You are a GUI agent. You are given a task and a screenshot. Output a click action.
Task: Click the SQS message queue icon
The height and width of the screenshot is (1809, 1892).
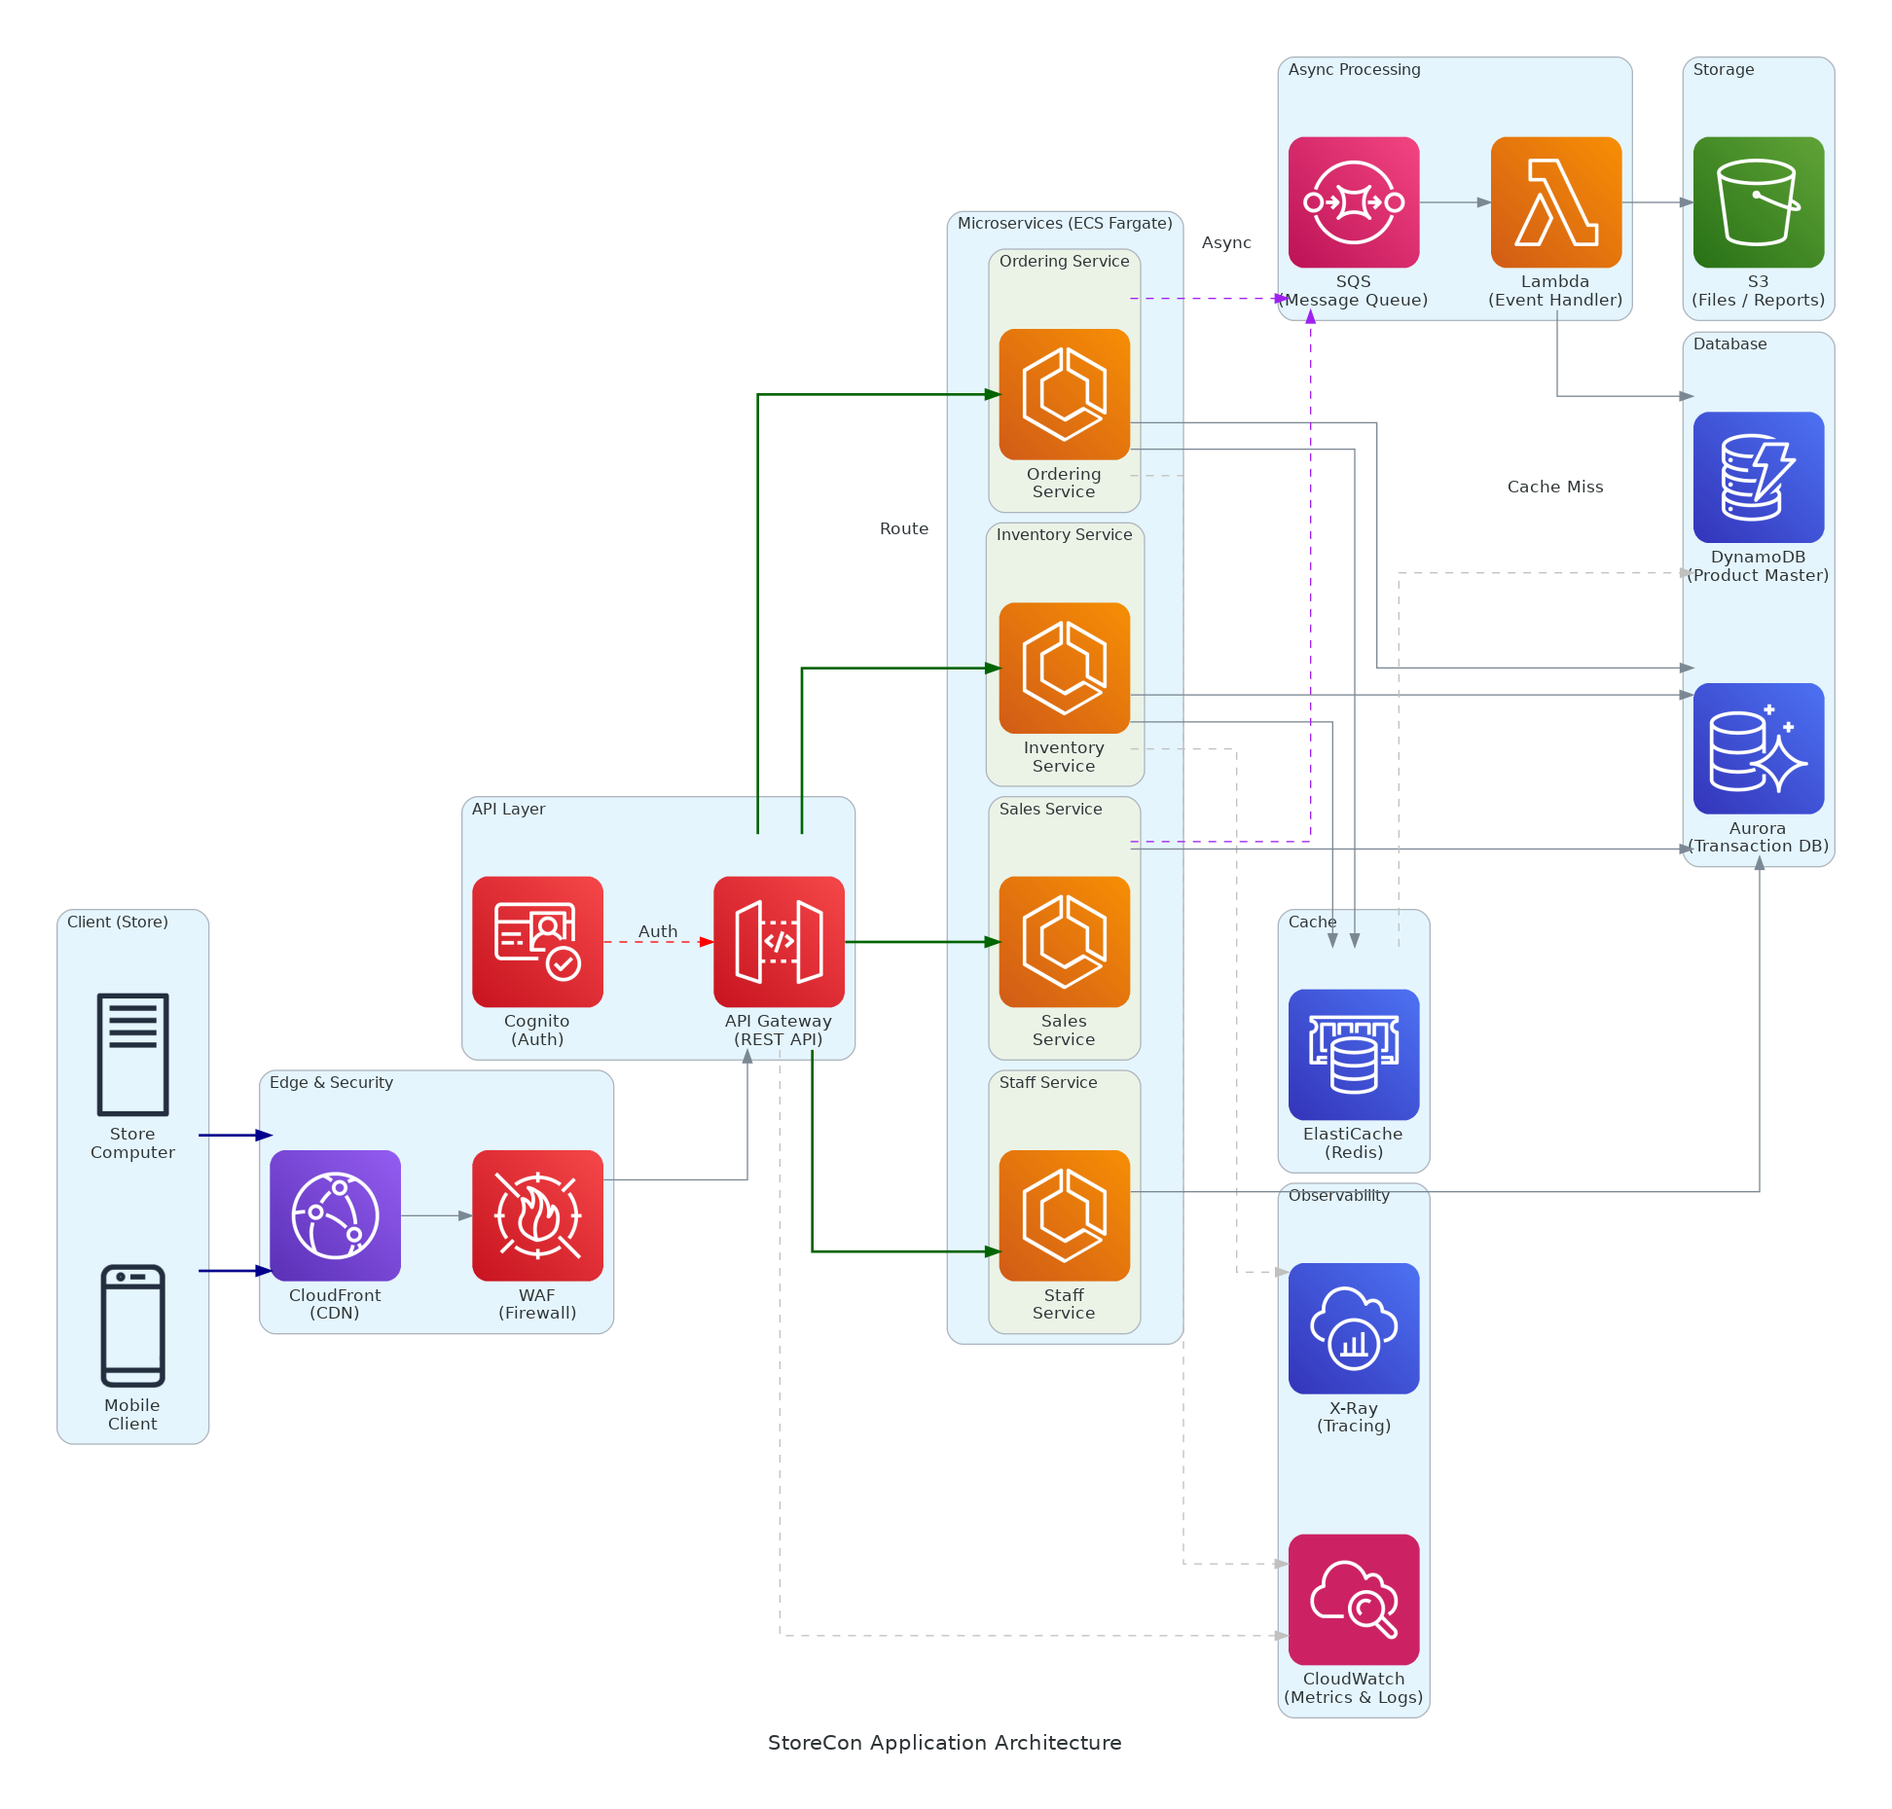pyautogui.click(x=1353, y=202)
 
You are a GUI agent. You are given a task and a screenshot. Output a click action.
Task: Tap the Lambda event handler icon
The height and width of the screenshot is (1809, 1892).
pyautogui.click(x=1555, y=202)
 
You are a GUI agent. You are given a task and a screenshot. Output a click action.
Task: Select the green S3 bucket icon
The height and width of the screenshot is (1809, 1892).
pyautogui.click(x=1758, y=202)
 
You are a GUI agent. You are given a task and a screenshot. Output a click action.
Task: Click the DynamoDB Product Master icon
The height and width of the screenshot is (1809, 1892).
pyautogui.click(x=1758, y=477)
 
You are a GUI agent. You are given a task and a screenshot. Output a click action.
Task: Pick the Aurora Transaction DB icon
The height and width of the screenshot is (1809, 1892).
pyautogui.click(x=1758, y=748)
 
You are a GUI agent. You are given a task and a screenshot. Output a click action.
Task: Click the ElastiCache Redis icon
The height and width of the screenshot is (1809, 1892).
pyautogui.click(x=1353, y=1054)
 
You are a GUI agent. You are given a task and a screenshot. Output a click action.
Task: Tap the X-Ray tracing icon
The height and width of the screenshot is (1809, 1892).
pyautogui.click(x=1353, y=1327)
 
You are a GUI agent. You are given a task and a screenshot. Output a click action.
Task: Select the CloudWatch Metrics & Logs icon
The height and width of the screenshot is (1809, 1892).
pyautogui.click(x=1353, y=1599)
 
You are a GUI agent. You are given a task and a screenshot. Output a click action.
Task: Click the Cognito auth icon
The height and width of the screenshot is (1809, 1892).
pyautogui.click(x=537, y=941)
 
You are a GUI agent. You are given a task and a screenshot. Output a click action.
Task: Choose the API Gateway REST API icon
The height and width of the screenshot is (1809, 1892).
pyautogui.click(x=779, y=941)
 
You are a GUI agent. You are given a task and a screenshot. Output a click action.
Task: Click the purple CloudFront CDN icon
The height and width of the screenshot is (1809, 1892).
pyautogui.click(x=335, y=1214)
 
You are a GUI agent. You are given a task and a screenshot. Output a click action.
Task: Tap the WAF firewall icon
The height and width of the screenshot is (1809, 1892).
pyautogui.click(x=537, y=1214)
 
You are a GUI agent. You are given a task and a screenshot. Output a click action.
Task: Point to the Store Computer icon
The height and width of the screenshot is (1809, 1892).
pyautogui.click(x=132, y=1054)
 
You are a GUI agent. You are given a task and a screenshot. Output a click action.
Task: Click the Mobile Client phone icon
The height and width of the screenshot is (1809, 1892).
pyautogui.click(x=132, y=1324)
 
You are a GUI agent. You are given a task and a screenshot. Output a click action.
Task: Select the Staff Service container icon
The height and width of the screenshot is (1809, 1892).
pyautogui.click(x=1064, y=1214)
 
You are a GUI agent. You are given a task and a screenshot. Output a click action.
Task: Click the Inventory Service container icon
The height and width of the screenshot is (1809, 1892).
pyautogui.click(x=1064, y=668)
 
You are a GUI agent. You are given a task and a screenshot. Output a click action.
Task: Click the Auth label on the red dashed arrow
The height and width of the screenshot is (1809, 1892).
pyautogui.click(x=658, y=931)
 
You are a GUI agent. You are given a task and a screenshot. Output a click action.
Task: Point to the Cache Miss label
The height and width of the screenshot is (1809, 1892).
pyautogui.click(x=1554, y=487)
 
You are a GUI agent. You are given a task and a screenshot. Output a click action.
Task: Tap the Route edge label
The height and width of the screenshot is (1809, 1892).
pyautogui.click(x=903, y=528)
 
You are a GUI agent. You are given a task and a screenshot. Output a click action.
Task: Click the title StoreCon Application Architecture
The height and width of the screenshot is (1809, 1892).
pyautogui.click(x=944, y=1742)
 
